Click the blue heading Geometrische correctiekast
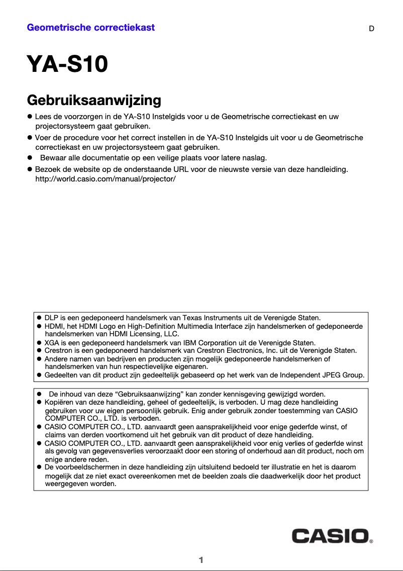pyautogui.click(x=90, y=28)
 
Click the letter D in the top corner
pyautogui.click(x=371, y=29)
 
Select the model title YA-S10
pyautogui.click(x=67, y=65)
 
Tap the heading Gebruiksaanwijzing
pyautogui.click(x=93, y=100)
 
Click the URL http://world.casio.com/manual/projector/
pyautogui.click(x=105, y=179)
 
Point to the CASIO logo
pyautogui.click(x=332, y=535)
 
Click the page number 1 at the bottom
pyautogui.click(x=201, y=560)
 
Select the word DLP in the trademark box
pyautogui.click(x=52, y=318)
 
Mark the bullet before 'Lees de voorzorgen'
pyautogui.click(x=30, y=117)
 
